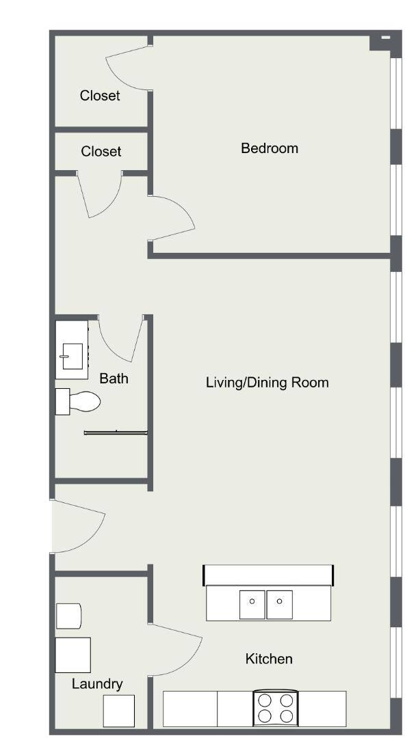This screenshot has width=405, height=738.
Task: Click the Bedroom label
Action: (x=270, y=148)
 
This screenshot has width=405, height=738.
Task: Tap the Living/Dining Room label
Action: (x=267, y=382)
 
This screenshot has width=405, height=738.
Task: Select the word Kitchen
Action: (x=269, y=659)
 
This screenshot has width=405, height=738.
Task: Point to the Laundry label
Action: (x=97, y=684)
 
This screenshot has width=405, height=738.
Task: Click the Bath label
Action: (x=114, y=379)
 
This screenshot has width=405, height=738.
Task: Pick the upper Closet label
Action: (x=100, y=96)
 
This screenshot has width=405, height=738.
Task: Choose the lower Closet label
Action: (x=101, y=152)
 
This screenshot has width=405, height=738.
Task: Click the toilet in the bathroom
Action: (x=78, y=402)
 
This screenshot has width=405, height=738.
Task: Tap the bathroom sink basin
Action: (x=72, y=356)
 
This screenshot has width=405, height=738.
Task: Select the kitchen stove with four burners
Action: (x=275, y=709)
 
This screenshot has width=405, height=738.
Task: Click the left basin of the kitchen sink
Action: (x=252, y=605)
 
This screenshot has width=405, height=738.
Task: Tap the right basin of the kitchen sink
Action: (x=280, y=605)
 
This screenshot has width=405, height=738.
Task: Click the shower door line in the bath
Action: (x=116, y=433)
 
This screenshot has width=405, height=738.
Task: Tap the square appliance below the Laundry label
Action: (x=119, y=711)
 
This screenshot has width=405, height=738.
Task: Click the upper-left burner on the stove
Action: (x=265, y=700)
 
